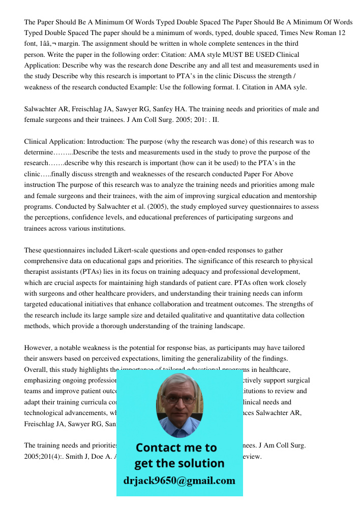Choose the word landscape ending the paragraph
pos(228,326)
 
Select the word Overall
pos(37,369)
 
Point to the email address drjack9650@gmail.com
pos(179,480)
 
